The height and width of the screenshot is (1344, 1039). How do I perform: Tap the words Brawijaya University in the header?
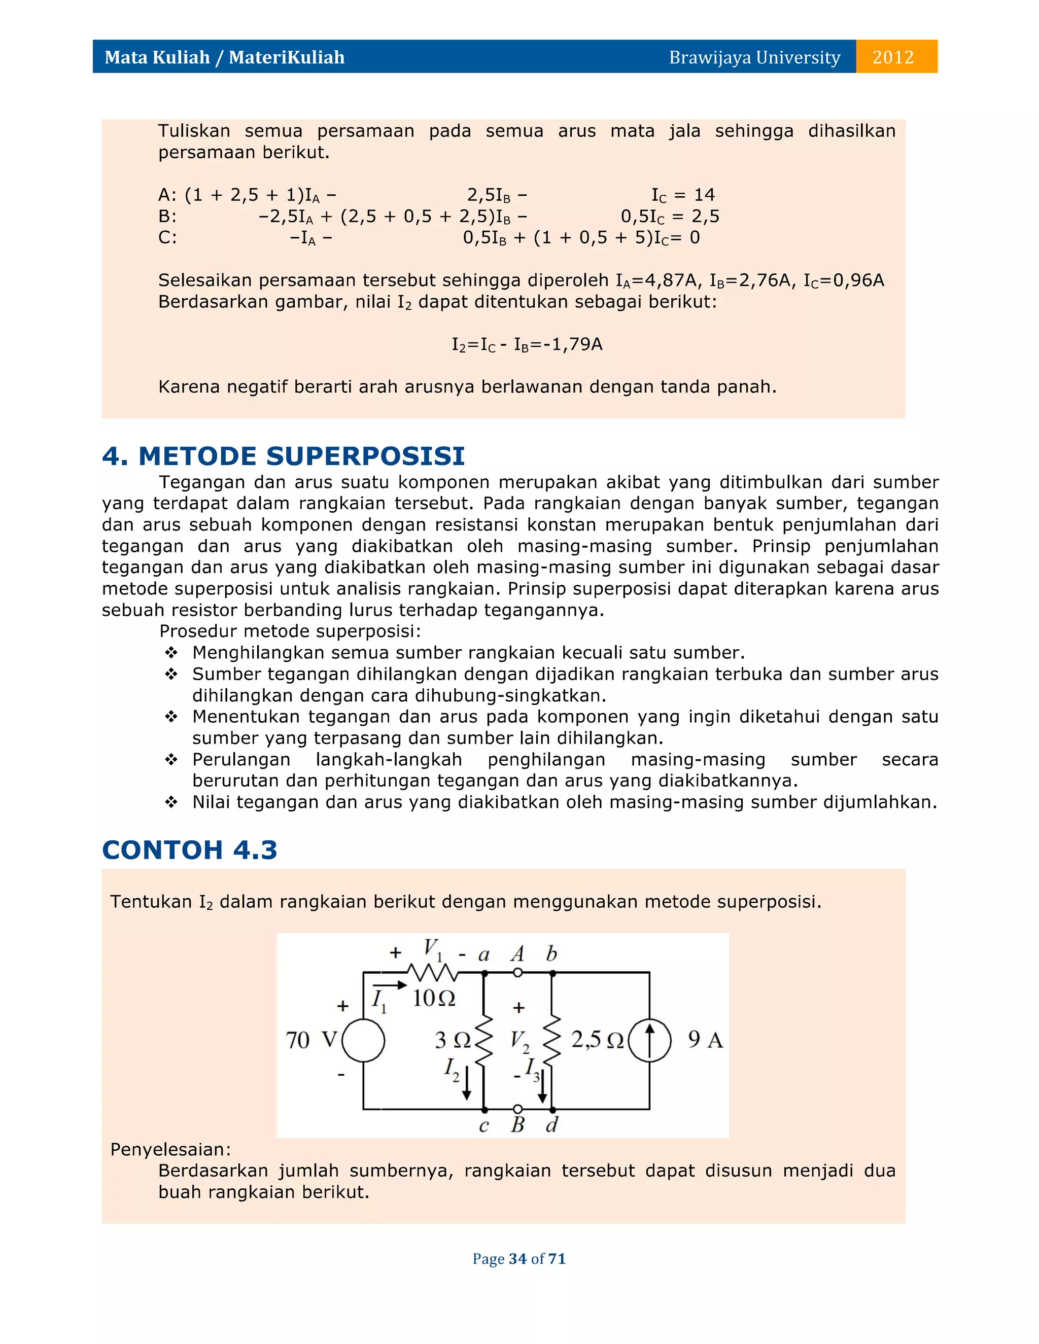754,57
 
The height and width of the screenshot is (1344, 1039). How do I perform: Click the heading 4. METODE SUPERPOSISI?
283,456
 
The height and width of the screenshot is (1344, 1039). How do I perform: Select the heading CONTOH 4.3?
190,850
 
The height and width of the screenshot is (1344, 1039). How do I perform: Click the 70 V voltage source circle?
363,1040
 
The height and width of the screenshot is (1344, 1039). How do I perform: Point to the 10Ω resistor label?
433,998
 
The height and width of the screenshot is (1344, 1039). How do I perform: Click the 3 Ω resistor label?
453,1040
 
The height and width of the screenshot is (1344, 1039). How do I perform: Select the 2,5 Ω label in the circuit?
597,1039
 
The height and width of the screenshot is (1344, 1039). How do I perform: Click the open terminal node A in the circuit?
517,973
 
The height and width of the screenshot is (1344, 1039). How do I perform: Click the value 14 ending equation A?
704,195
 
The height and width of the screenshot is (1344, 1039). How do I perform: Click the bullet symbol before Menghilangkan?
171,652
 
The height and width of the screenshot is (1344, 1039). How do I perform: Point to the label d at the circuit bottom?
551,1125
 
